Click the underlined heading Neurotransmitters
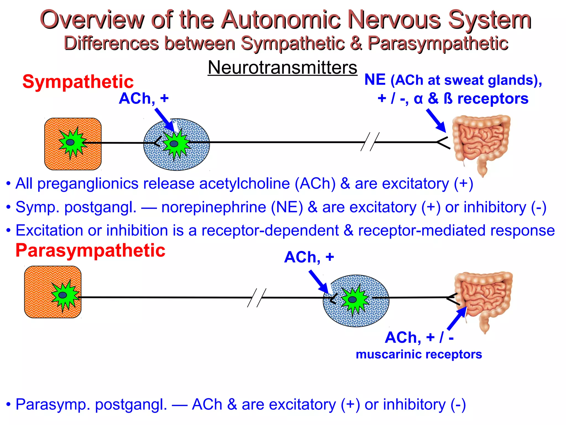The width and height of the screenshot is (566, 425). pyautogui.click(x=282, y=68)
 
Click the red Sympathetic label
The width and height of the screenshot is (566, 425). pyautogui.click(x=78, y=82)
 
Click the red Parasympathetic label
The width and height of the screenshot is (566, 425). pyautogui.click(x=90, y=250)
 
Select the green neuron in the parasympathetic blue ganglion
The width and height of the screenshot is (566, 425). pyautogui.click(x=353, y=299)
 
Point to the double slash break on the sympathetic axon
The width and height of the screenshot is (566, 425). pyautogui.click(x=370, y=142)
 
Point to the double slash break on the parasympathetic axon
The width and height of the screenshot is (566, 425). pyautogui.click(x=257, y=298)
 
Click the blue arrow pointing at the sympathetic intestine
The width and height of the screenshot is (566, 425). pyautogui.click(x=436, y=120)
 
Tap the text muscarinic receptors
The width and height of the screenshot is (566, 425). pyautogui.click(x=419, y=354)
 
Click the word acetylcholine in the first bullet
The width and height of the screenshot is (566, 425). pyautogui.click(x=244, y=184)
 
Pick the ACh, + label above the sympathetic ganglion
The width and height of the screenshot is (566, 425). pyautogui.click(x=144, y=99)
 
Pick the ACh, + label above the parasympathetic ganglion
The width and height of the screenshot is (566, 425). pyautogui.click(x=309, y=257)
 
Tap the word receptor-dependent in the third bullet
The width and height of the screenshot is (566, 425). pyautogui.click(x=270, y=230)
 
